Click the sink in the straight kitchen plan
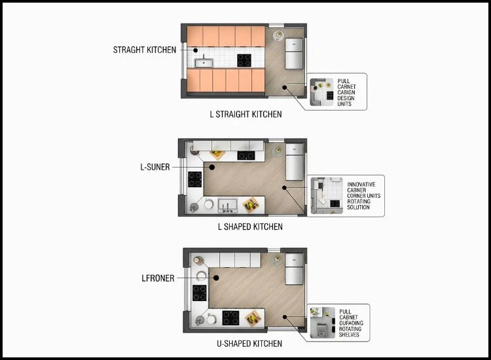[204, 63]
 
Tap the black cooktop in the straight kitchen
[244, 61]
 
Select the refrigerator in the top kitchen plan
[293, 54]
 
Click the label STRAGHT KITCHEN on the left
[144, 50]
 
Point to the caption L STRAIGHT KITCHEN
[245, 115]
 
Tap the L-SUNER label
[155, 167]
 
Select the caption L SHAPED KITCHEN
[250, 227]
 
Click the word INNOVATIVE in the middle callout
[361, 185]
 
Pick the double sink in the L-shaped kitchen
[226, 205]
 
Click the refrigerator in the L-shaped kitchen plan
[293, 164]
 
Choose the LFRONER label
[158, 278]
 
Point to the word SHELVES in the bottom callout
[350, 334]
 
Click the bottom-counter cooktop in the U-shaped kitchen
[230, 317]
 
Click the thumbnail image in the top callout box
[322, 92]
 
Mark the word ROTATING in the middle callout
[359, 202]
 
